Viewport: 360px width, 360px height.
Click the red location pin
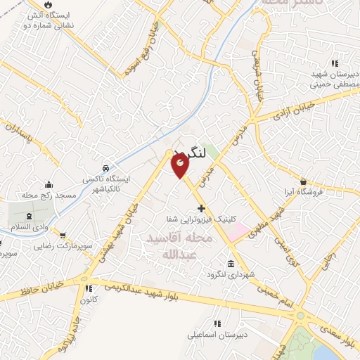181,166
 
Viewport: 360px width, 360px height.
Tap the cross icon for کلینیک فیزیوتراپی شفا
202,208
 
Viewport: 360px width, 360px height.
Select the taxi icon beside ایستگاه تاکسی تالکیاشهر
105,169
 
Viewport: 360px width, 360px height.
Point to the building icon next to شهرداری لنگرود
231,264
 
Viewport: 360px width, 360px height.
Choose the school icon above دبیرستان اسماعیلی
217,324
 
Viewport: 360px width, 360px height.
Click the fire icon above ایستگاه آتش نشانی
47,5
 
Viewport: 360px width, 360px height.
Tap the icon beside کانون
88,288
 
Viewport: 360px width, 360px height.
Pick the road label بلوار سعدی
339,327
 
